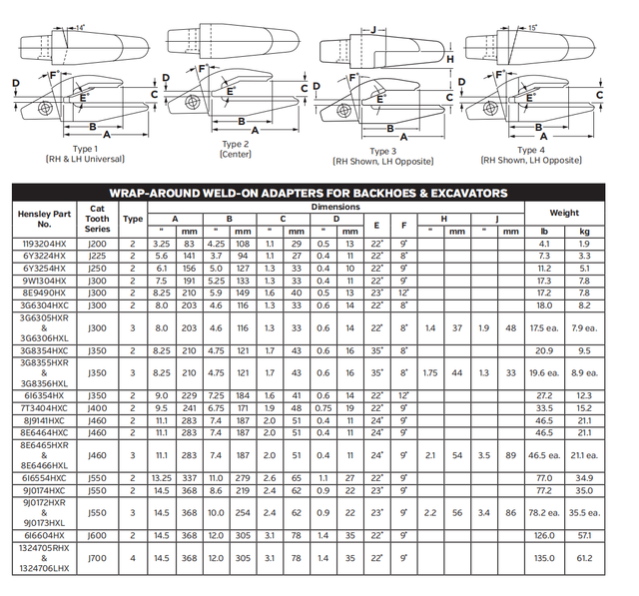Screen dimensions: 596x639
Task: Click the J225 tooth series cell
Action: point(98,257)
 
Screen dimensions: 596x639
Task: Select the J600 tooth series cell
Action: point(98,535)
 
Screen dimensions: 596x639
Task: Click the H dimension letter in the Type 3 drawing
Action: point(450,60)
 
